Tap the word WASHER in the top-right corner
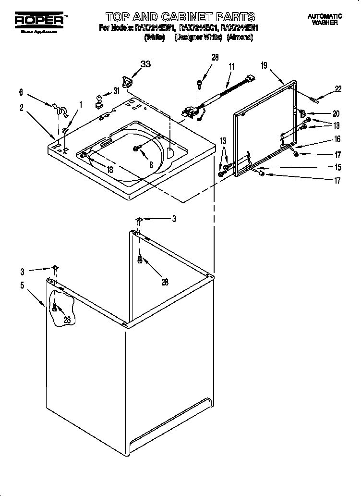325,23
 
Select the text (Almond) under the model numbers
240,37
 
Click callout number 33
145,64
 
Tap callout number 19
265,66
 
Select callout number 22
338,88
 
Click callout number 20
336,114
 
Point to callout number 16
337,139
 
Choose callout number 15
337,167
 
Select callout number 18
109,170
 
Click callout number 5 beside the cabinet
22,285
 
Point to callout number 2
22,108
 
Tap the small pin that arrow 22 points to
314,100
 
